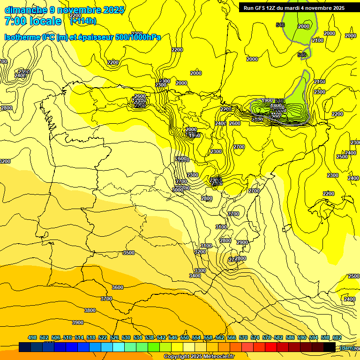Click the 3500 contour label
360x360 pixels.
tap(128, 253)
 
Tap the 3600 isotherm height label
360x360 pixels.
tap(118, 287)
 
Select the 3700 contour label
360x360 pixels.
tap(106, 299)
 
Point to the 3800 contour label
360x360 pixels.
tap(90, 310)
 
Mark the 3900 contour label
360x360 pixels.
tap(78, 322)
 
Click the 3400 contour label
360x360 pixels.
tap(195, 276)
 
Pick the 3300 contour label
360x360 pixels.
tap(200, 270)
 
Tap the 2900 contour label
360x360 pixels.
tap(242, 242)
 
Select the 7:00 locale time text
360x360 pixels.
tap(33, 21)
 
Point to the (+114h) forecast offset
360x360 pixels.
tap(83, 21)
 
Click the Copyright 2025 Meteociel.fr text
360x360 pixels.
tap(199, 357)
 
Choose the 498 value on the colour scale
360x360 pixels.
tap(32, 337)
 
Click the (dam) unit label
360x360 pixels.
tap(347, 347)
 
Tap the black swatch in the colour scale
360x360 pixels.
tap(330, 347)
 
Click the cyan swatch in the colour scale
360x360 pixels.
tap(119, 347)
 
